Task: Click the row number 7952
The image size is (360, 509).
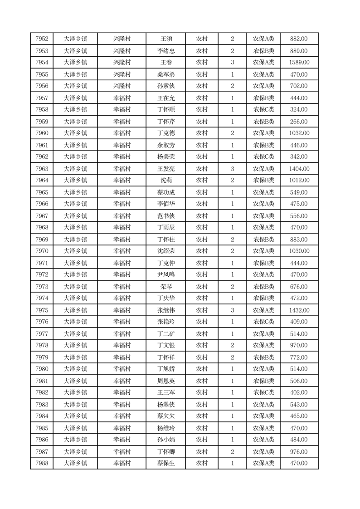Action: point(42,39)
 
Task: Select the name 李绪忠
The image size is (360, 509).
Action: point(166,51)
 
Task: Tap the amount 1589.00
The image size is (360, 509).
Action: point(299,63)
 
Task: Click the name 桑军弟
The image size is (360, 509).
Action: point(166,74)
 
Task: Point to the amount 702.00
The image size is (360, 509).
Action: point(299,86)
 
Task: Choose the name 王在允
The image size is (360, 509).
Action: point(166,98)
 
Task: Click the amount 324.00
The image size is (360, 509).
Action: point(299,110)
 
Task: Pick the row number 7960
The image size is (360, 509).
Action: point(42,133)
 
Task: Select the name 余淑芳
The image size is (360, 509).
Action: point(166,145)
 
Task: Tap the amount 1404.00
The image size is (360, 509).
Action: point(299,169)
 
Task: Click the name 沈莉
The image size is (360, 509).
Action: point(166,181)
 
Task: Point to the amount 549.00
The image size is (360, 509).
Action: point(299,192)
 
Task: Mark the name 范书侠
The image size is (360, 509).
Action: point(166,216)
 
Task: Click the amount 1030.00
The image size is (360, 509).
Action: point(299,251)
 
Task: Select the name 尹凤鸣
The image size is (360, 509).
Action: point(166,275)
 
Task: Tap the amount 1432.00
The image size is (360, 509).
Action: point(299,310)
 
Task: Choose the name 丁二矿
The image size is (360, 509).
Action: point(166,334)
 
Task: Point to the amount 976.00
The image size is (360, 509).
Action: point(299,452)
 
